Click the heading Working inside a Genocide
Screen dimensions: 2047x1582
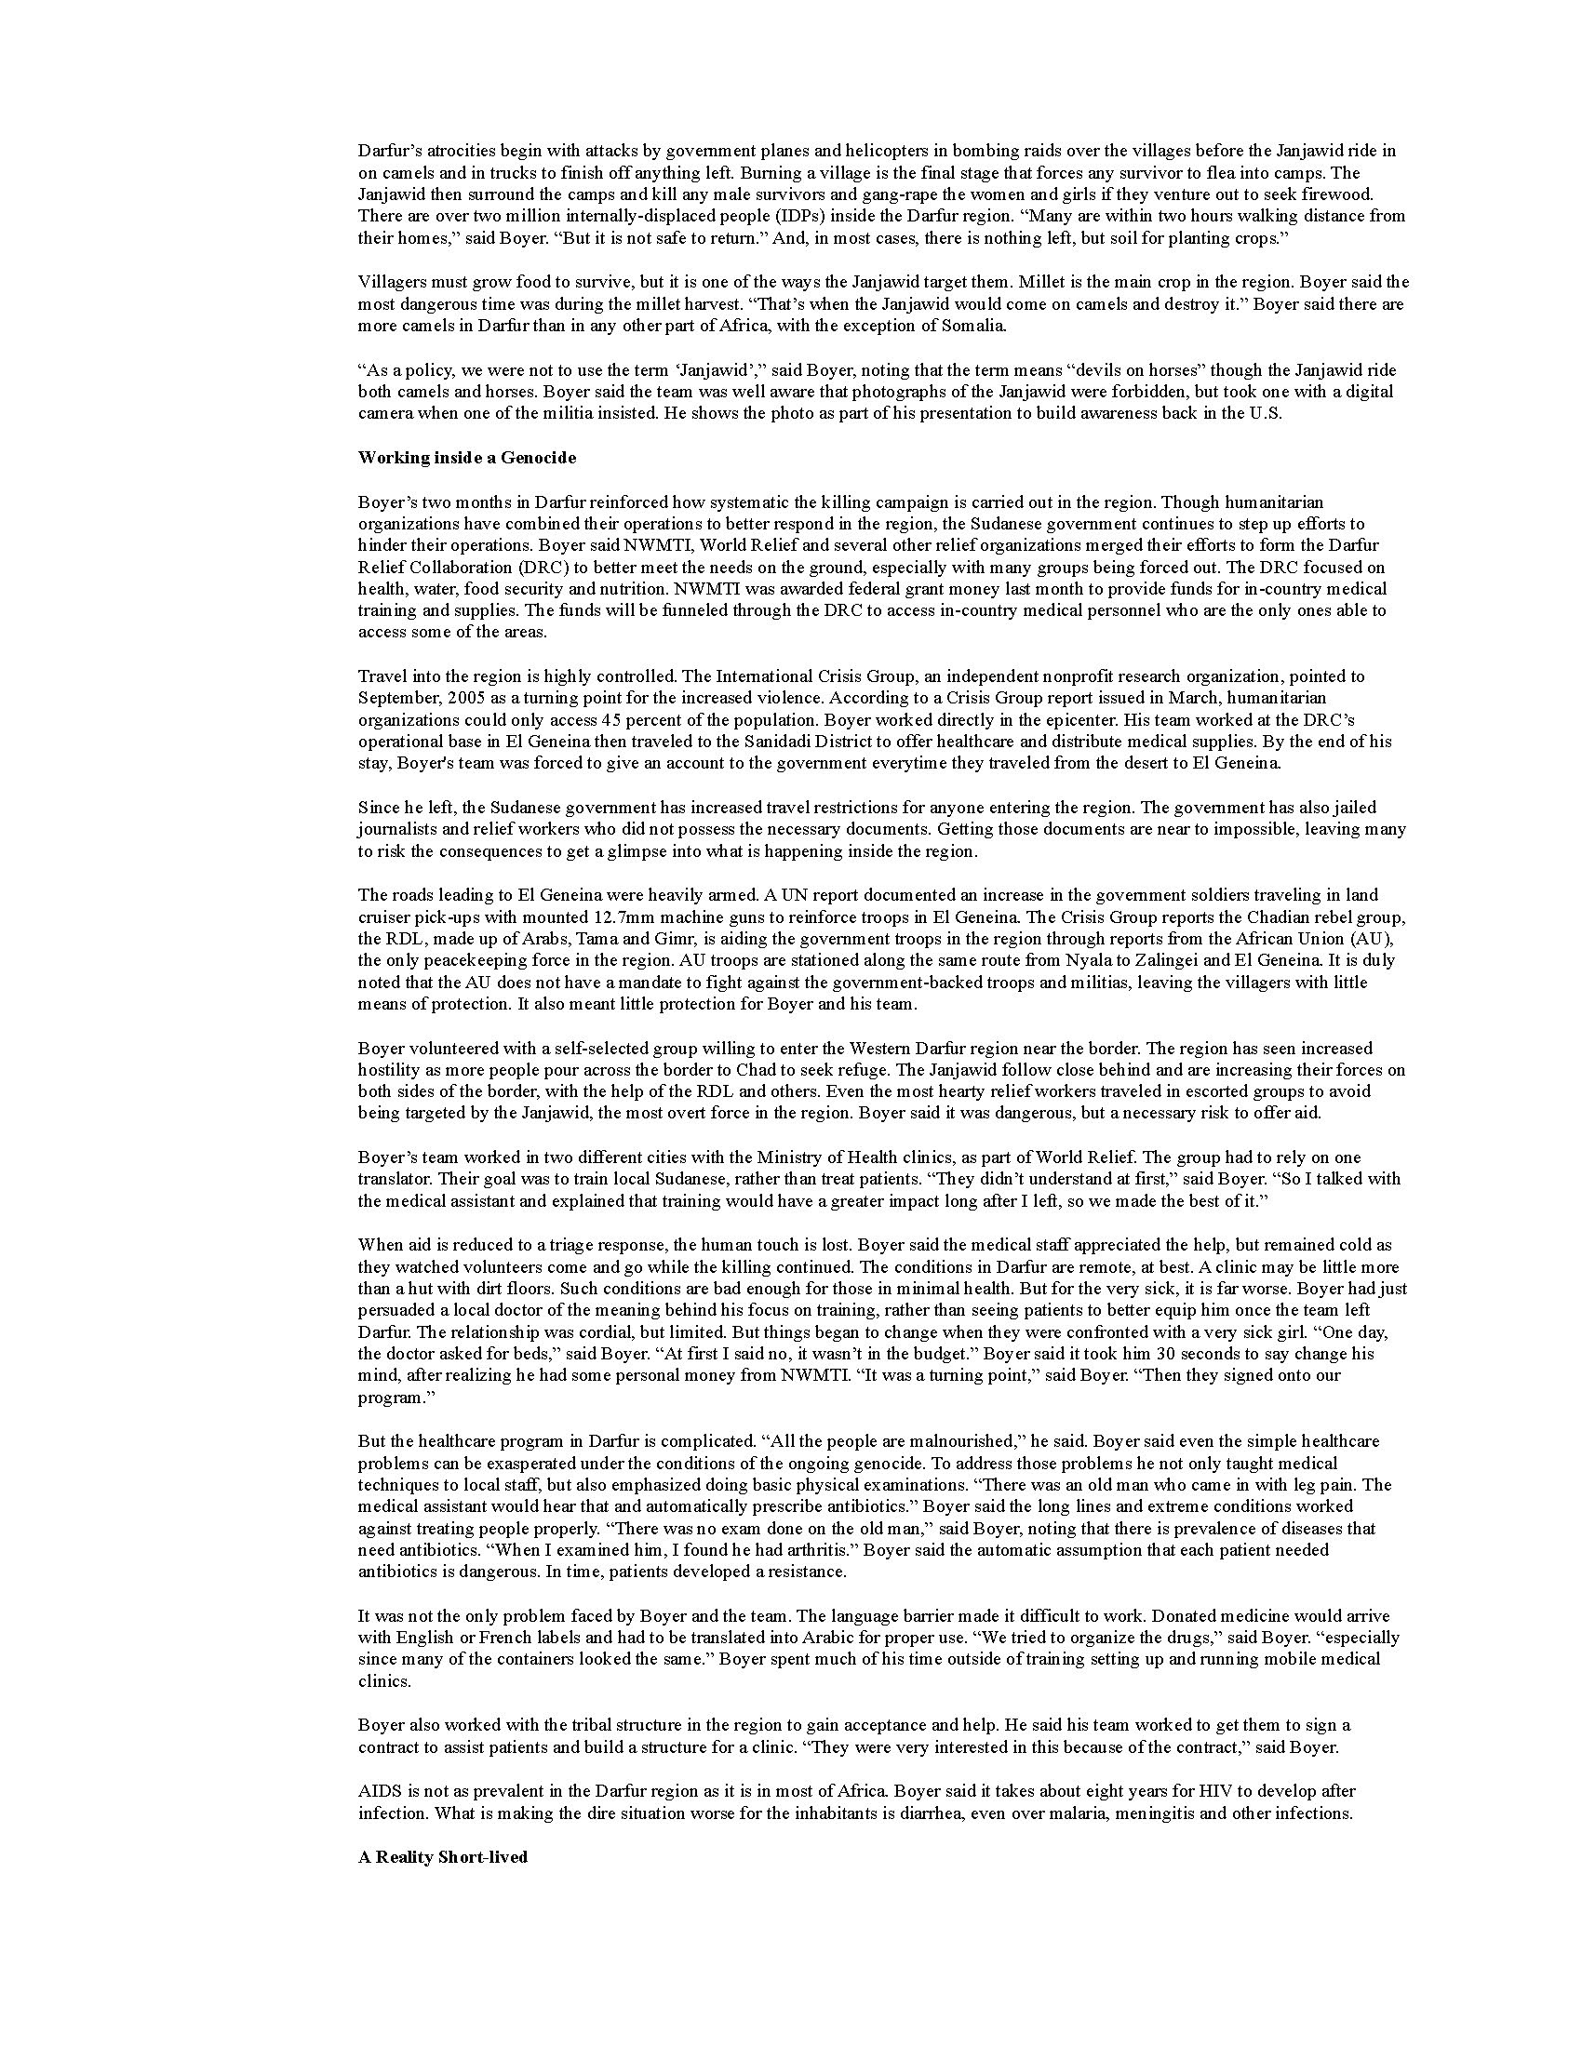pos(467,459)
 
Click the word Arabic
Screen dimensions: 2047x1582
pos(845,1638)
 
